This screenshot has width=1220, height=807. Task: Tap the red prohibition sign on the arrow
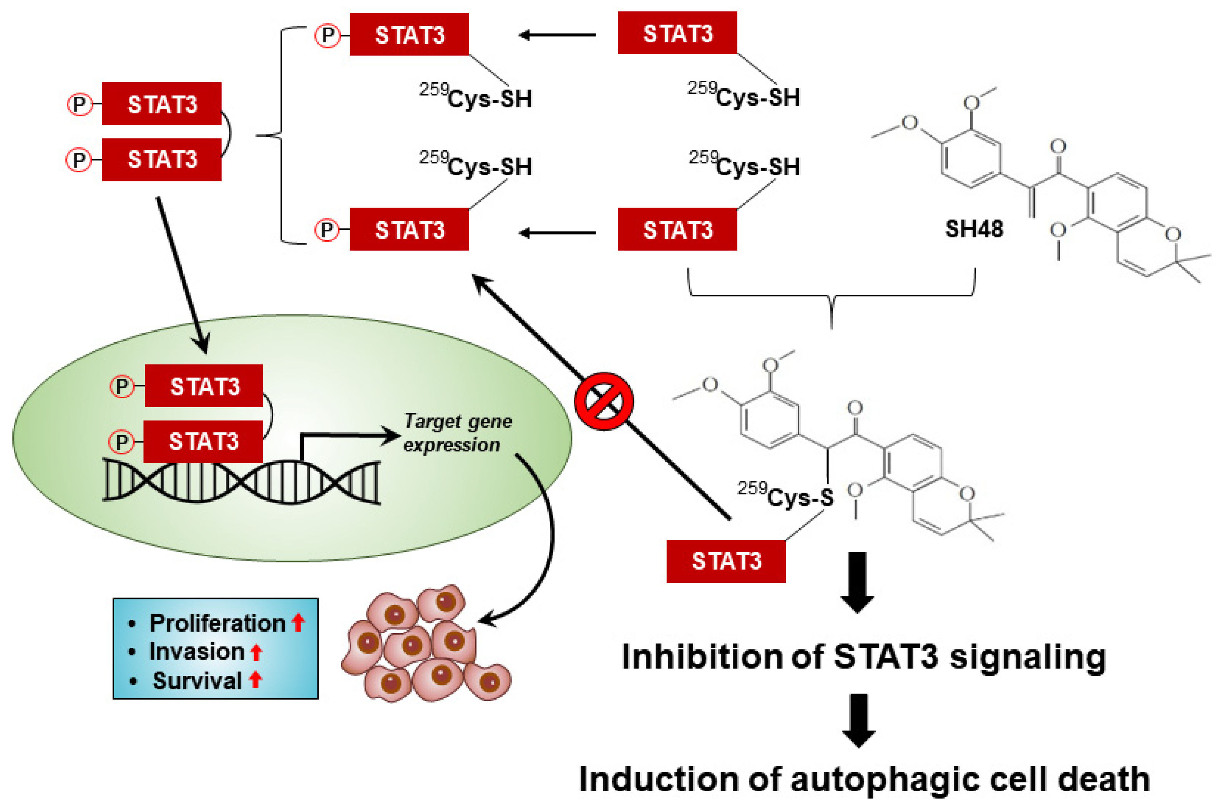click(x=603, y=401)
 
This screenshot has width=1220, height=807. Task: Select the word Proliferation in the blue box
click(x=217, y=623)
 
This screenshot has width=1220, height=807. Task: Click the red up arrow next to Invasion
click(x=256, y=652)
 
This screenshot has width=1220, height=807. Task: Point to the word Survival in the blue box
click(x=197, y=681)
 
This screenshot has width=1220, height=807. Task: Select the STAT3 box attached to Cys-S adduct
click(x=726, y=561)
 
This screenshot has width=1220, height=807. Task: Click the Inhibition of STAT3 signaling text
click(x=863, y=657)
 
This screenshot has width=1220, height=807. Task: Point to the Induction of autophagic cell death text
click(x=864, y=779)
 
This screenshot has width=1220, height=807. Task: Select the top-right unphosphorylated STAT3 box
click(x=677, y=33)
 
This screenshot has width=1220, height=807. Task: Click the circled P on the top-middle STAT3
click(x=328, y=35)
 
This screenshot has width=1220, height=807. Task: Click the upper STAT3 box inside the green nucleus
click(x=204, y=386)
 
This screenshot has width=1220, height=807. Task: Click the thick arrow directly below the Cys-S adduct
click(x=857, y=582)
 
